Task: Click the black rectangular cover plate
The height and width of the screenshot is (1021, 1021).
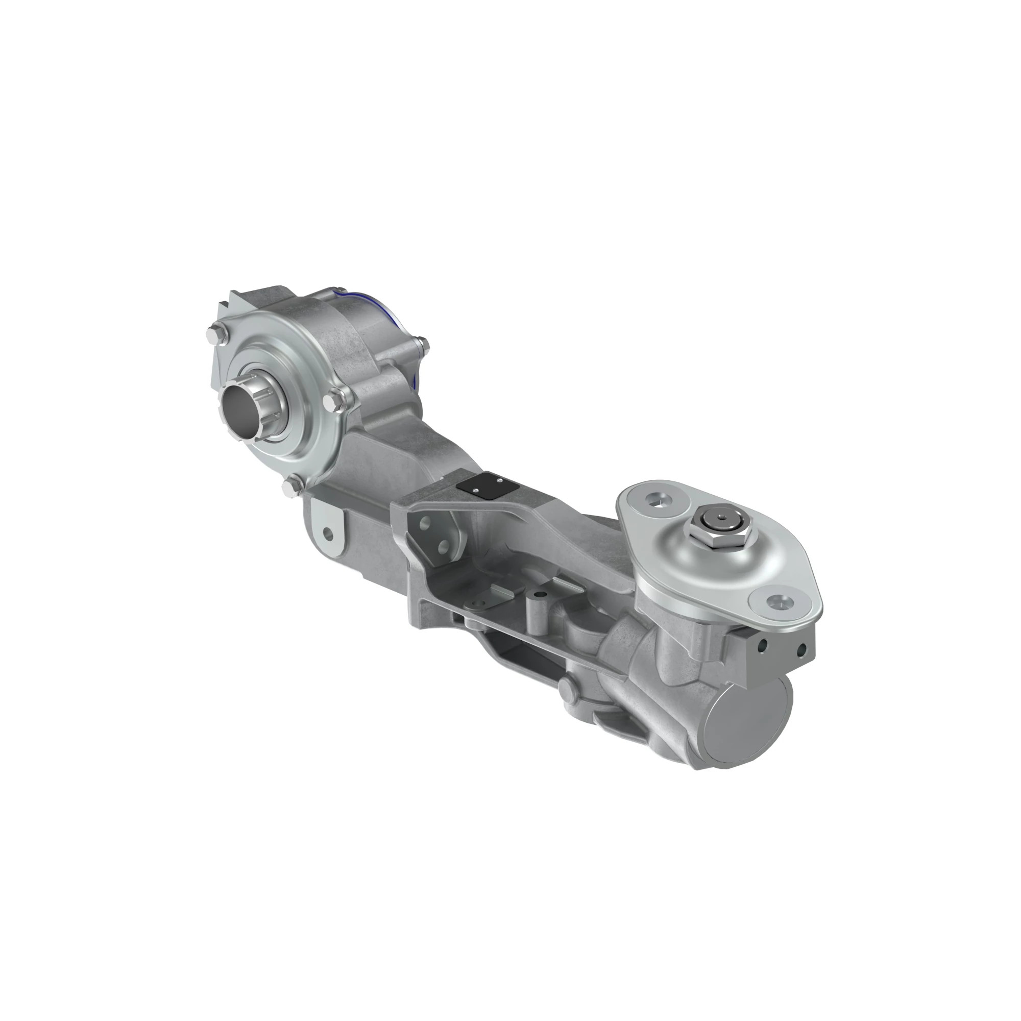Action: pos(486,487)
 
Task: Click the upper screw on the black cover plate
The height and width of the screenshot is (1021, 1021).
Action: pos(499,480)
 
